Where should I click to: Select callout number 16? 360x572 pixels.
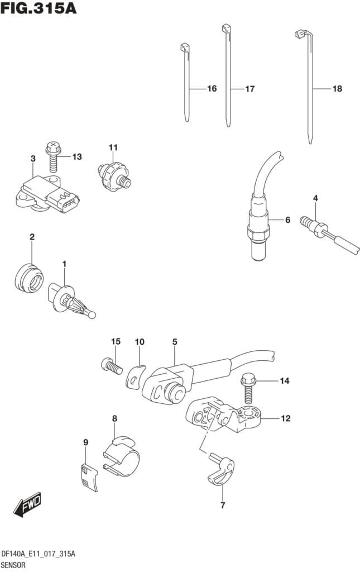212,89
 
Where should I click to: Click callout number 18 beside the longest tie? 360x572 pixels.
337,89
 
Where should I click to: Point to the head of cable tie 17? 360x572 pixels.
225,28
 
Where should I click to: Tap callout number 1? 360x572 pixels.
64,263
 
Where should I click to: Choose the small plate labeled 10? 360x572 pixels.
135,377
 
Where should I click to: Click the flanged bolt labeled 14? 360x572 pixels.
248,388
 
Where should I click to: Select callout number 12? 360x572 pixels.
285,418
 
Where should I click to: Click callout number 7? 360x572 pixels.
222,506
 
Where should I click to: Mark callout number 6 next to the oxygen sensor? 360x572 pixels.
287,220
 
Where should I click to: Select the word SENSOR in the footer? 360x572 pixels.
15,565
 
